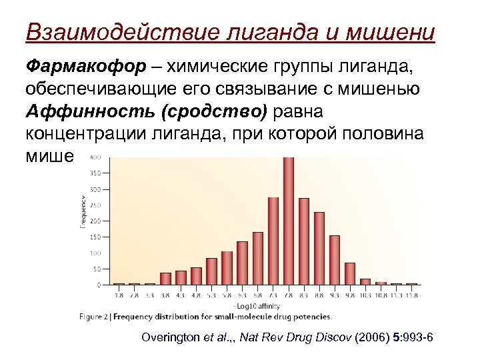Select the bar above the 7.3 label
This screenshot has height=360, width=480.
273,241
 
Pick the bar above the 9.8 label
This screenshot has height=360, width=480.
350,273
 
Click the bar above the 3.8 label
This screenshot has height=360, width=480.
165,279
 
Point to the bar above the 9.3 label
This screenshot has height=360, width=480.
335,260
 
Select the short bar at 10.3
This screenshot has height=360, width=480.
365,281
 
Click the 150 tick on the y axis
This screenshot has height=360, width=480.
96,237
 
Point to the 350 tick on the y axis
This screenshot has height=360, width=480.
96,173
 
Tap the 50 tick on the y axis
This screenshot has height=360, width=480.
97,269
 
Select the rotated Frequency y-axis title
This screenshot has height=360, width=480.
83,212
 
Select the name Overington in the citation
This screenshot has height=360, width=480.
171,338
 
